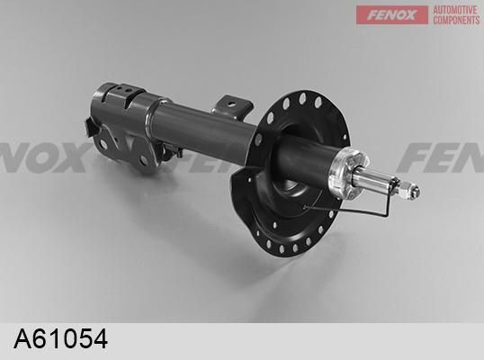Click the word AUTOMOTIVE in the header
click(455, 9)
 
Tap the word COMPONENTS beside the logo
click(455, 20)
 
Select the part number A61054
click(61, 340)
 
